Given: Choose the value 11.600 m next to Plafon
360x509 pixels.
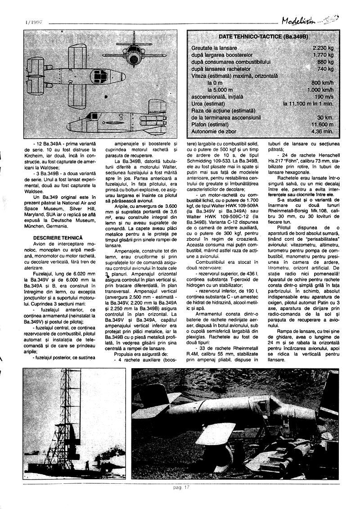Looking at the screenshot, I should pos(321,124).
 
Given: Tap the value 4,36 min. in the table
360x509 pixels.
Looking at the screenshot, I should pos(322,131).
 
